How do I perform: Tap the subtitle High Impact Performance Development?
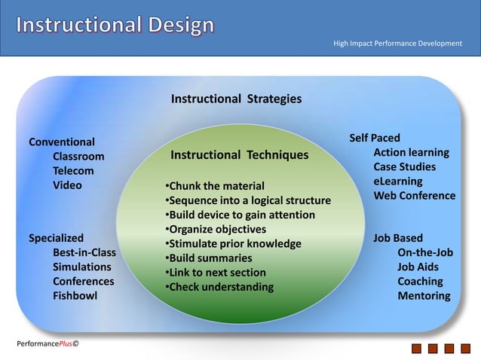[397, 44]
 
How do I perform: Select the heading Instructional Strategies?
[236, 99]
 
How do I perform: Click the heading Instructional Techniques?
[240, 155]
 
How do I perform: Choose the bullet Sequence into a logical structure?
[247, 200]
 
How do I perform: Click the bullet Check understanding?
[219, 287]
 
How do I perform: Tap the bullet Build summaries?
[208, 258]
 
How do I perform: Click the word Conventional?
[62, 142]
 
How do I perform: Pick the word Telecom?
[73, 171]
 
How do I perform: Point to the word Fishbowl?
[75, 296]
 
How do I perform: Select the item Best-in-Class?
[84, 252]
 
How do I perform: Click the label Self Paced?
[375, 138]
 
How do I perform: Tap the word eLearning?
[398, 182]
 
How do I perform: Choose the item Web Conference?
[415, 196]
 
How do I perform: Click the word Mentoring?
[424, 296]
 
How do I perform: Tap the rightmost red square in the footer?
[467, 349]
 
